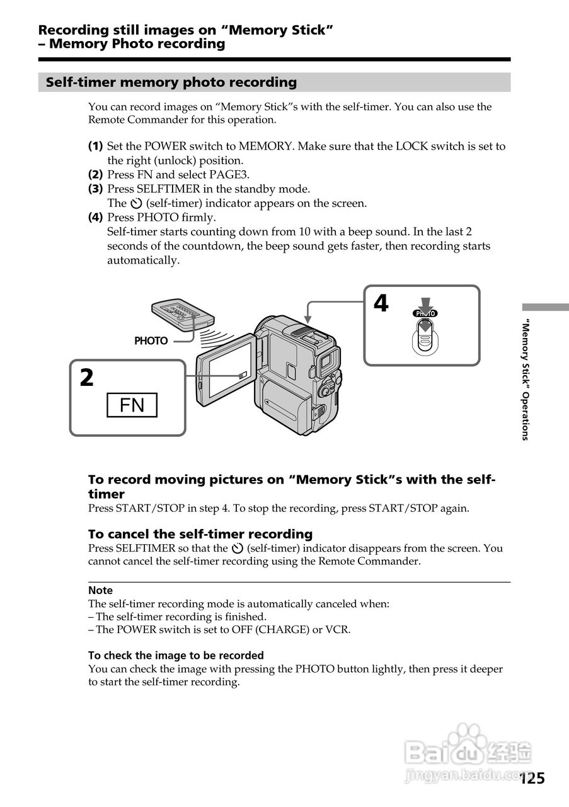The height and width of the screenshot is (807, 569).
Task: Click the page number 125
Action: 532,778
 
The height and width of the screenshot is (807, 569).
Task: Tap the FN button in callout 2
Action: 132,405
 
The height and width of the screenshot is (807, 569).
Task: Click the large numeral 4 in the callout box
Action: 381,304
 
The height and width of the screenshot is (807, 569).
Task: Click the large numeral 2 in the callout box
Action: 86,378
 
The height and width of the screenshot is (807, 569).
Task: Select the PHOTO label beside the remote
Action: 151,341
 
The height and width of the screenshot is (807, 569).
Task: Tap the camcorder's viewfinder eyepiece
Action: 327,362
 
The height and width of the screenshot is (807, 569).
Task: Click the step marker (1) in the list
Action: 95,146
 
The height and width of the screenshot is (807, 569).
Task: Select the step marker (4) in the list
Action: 95,218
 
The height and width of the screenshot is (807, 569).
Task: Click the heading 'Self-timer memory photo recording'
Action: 171,83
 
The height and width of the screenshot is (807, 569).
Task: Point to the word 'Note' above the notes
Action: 100,591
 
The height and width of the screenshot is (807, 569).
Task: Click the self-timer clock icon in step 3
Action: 136,204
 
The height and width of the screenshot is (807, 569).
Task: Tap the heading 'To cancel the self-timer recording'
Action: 200,534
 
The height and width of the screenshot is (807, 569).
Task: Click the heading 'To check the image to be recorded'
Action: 176,656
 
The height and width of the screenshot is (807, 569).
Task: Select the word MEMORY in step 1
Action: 265,146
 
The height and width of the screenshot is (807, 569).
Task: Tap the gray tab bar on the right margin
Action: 545,307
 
